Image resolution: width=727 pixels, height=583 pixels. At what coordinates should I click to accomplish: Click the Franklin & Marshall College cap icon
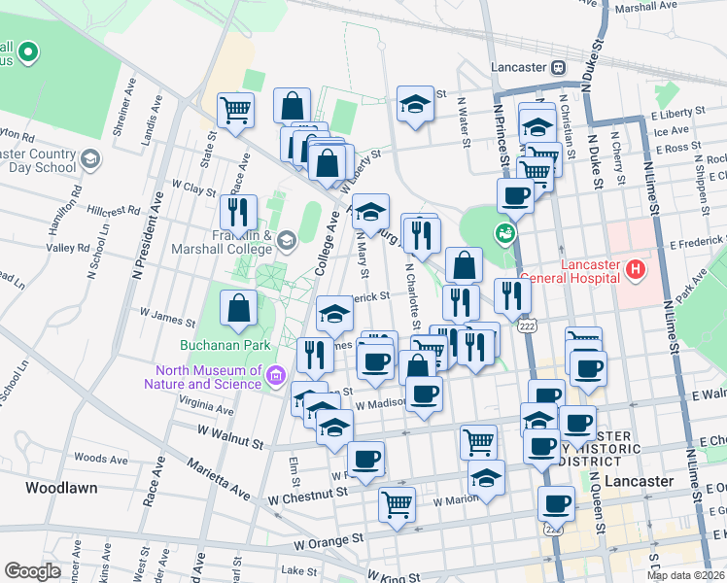coord(286,240)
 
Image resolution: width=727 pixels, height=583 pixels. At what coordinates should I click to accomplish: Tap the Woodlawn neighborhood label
coord(61,488)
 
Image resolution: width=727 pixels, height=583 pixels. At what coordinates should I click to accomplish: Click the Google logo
coord(32,570)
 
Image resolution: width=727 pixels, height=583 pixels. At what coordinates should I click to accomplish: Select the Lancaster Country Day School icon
coord(89,159)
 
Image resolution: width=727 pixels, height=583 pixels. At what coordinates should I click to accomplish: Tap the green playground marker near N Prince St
coord(504,233)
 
